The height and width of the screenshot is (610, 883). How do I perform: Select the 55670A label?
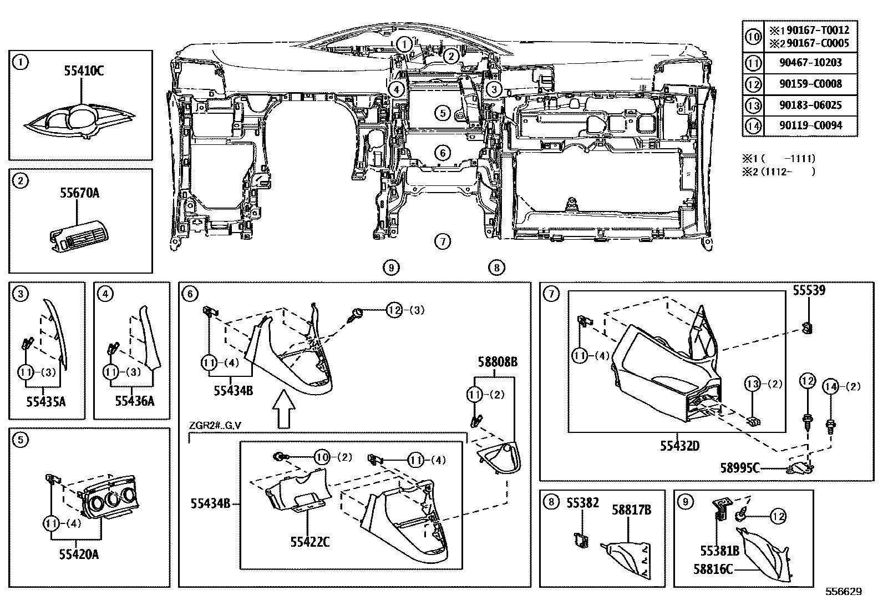(80, 193)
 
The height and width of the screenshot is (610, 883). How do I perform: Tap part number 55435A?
(47, 401)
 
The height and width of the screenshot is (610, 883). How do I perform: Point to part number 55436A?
(135, 401)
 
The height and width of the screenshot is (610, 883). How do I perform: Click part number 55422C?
(310, 542)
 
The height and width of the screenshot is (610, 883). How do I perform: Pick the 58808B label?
(498, 362)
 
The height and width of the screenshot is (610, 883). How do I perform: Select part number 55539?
(809, 290)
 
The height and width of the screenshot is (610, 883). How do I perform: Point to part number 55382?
(583, 503)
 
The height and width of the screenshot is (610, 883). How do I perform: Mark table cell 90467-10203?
(810, 63)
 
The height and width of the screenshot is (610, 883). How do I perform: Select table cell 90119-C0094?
(810, 125)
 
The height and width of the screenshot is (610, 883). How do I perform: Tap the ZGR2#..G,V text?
(215, 426)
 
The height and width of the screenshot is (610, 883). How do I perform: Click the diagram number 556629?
(843, 592)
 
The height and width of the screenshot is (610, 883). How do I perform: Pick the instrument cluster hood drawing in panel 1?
(80, 124)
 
